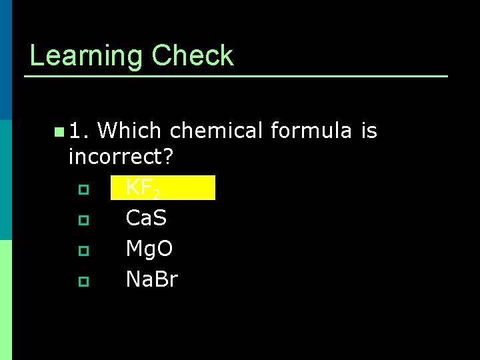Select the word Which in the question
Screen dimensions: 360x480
(x=131, y=131)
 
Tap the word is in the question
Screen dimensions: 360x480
(x=369, y=131)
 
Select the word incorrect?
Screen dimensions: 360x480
(x=121, y=157)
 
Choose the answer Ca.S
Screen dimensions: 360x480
(x=146, y=218)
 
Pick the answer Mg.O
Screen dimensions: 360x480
(x=149, y=249)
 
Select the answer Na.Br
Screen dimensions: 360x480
(x=152, y=279)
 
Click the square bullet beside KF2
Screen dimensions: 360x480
(x=83, y=189)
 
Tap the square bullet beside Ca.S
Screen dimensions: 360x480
(x=83, y=219)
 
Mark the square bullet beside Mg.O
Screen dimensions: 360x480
(x=83, y=251)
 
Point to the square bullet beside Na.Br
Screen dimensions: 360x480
(x=83, y=281)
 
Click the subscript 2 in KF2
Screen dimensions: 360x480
(x=155, y=194)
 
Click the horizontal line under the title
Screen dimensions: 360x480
(x=236, y=77)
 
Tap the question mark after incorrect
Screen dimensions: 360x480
(x=167, y=157)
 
